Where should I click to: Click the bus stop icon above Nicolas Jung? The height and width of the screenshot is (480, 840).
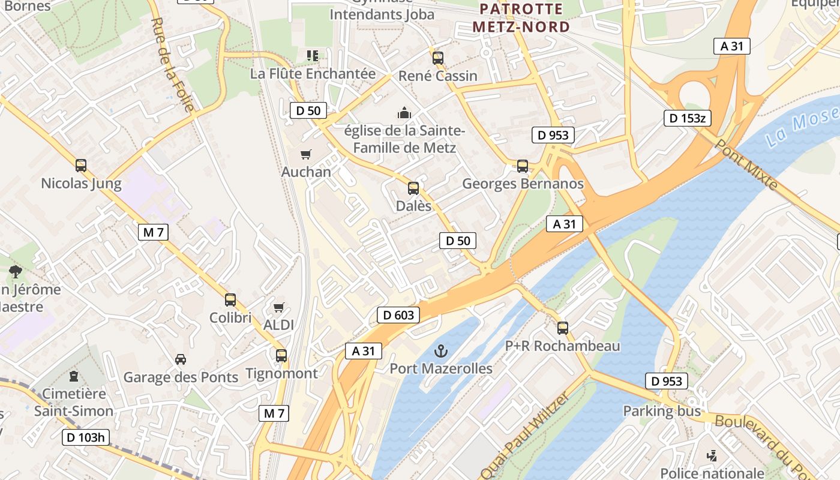(x=81, y=166)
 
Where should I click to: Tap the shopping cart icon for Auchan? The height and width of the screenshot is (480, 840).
(x=306, y=154)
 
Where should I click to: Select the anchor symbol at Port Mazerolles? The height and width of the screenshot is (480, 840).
(x=441, y=350)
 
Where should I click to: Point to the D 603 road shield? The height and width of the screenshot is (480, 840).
(x=398, y=315)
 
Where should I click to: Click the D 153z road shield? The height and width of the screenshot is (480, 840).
(x=687, y=118)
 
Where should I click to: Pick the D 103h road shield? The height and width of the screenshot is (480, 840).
(x=86, y=437)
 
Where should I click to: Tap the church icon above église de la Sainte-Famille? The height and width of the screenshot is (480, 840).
(x=405, y=113)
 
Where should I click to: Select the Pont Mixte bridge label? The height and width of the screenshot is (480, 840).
(x=746, y=164)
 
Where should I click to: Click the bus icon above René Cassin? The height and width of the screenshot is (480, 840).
(x=438, y=58)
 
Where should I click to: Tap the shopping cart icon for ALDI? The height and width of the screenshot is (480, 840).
(x=278, y=308)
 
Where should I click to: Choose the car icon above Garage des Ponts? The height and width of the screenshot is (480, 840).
(x=180, y=359)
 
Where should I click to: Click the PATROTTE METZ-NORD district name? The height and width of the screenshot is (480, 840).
(x=521, y=18)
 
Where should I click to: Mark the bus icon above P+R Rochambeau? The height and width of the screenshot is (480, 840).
(x=562, y=328)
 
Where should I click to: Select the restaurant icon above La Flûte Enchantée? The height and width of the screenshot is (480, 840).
(x=312, y=56)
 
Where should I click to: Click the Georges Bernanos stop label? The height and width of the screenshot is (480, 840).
(x=523, y=184)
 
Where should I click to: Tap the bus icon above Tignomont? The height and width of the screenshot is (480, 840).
(x=281, y=356)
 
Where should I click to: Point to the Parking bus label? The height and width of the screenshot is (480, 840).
(x=662, y=411)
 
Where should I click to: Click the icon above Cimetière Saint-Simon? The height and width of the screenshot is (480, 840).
(x=74, y=376)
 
